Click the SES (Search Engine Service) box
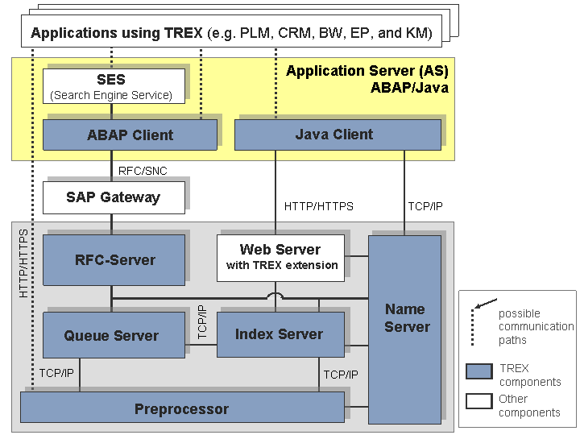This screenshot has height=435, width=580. (x=114, y=86)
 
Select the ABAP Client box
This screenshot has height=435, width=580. (x=130, y=135)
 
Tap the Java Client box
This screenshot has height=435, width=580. (x=338, y=135)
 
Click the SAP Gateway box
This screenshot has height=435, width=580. (x=114, y=197)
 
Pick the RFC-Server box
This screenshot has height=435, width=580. (x=114, y=260)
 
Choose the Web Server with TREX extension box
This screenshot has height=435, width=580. (x=281, y=258)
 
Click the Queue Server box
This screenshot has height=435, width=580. (x=114, y=335)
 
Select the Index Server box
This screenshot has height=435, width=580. (x=281, y=334)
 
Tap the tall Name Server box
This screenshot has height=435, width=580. (x=404, y=329)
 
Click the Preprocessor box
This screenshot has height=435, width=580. (x=182, y=407)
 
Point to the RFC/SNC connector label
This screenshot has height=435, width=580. (x=143, y=171)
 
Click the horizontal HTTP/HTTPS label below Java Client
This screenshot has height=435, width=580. (x=319, y=206)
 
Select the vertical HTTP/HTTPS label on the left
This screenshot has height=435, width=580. (x=23, y=263)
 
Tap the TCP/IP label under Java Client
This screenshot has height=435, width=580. (x=425, y=206)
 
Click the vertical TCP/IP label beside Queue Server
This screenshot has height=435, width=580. (x=202, y=321)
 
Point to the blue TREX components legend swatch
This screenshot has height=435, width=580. (x=479, y=371)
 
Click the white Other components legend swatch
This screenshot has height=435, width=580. (x=479, y=401)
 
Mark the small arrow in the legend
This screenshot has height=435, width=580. (x=486, y=304)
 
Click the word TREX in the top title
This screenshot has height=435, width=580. (x=184, y=33)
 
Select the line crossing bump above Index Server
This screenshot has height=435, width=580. (x=275, y=296)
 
